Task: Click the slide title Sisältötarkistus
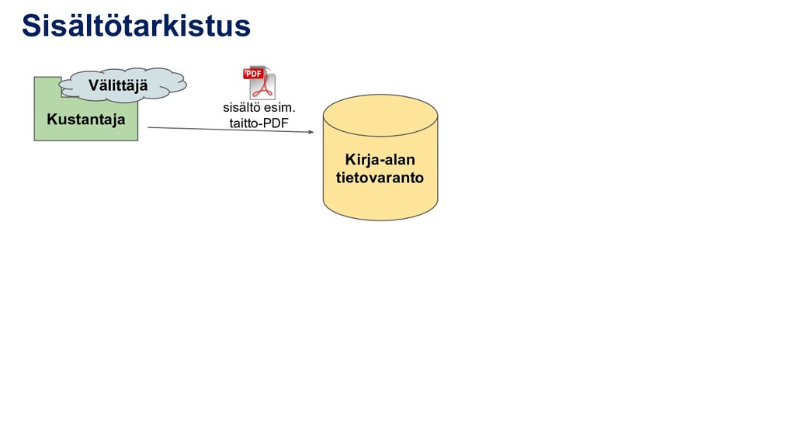pos(136,26)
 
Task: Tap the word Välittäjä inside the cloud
pos(118,85)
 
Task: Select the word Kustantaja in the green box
pos(85,120)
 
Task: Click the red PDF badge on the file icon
pos(254,74)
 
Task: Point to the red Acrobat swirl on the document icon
pos(265,85)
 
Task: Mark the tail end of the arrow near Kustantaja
pos(148,126)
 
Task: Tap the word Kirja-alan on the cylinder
pos(380,160)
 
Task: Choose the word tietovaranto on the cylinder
pos(380,178)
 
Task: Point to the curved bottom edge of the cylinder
pos(380,220)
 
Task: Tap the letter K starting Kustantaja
pos(51,120)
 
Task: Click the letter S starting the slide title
pos(31,26)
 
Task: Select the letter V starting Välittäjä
pos(93,85)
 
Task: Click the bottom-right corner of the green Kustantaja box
pos(137,140)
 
